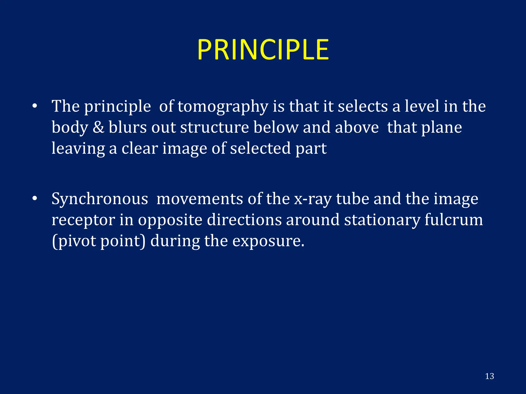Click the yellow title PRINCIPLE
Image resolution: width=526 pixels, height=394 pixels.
coord(263,50)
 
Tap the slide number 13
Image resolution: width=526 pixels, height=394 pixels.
coord(490,376)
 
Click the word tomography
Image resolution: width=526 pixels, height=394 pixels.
coord(223,107)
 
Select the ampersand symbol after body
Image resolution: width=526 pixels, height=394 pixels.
coord(98,127)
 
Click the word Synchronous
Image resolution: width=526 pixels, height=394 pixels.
coord(100,199)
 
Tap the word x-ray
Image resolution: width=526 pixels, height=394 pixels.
coord(313,199)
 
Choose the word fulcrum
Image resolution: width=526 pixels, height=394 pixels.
coord(454,220)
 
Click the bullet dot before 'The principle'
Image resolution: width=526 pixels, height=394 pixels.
coord(35,106)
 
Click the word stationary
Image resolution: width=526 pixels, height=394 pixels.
coord(382,220)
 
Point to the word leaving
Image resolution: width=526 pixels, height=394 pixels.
coord(78,149)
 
